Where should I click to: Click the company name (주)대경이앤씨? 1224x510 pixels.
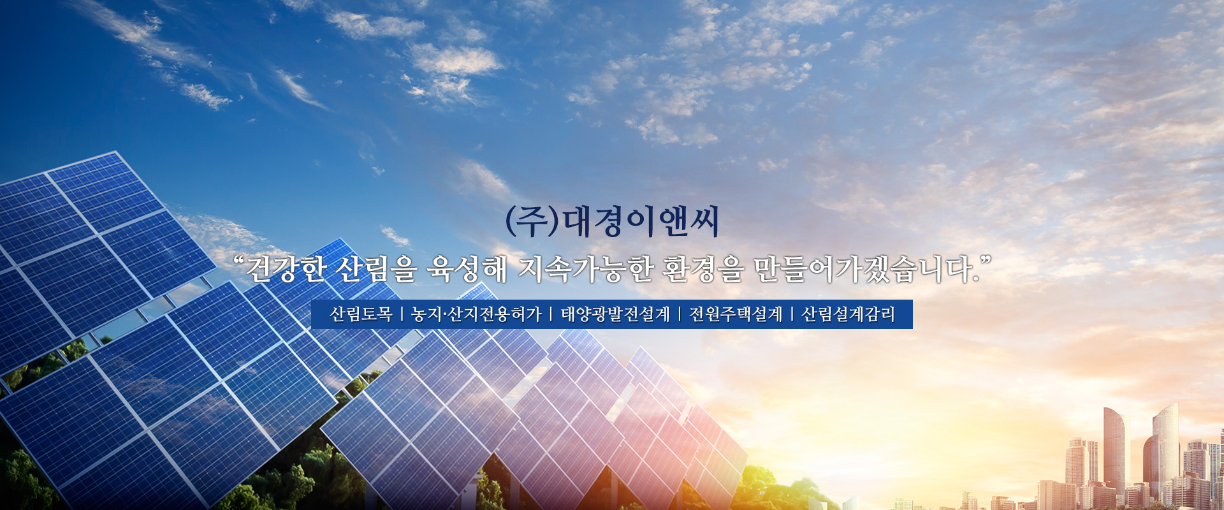612,222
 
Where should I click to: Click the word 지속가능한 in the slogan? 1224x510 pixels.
586,270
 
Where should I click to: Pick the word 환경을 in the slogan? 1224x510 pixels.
703,270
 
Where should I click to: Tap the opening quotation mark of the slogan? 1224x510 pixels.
239,261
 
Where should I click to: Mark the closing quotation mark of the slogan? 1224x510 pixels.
986,261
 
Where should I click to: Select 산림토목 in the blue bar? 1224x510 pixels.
360,314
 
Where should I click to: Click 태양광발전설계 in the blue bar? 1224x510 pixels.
615,314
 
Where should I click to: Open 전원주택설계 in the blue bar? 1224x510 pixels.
736,314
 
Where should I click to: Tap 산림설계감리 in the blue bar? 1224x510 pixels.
848,314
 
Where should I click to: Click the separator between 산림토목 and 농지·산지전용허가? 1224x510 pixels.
402,314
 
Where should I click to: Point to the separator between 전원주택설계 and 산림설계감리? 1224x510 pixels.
792,314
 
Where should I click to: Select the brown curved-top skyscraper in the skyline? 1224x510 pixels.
1114,446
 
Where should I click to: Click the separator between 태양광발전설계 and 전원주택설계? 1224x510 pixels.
680,314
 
